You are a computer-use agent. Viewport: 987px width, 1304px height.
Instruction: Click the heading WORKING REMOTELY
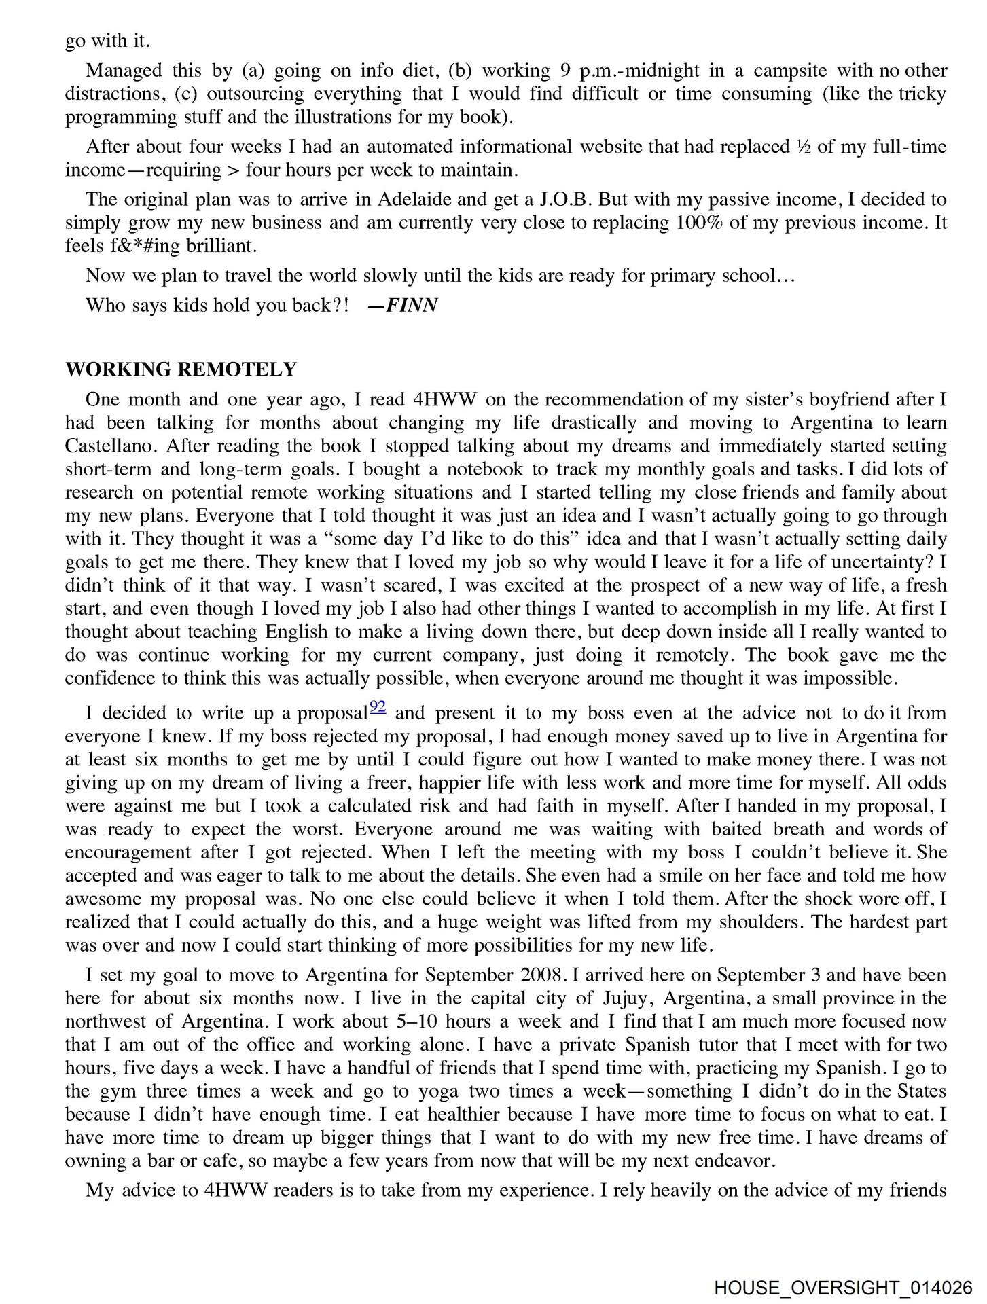click(181, 369)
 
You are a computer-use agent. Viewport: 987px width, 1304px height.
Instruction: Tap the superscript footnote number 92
click(378, 707)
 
